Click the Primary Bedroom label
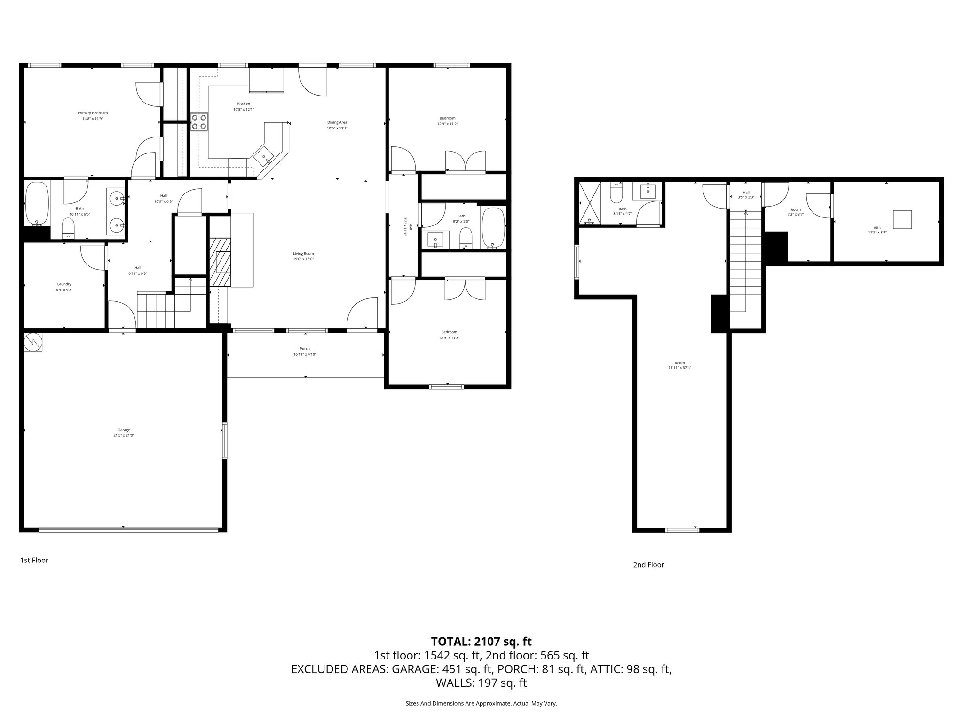[93, 113]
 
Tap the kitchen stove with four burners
[199, 122]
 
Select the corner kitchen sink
[264, 156]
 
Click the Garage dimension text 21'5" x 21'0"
[124, 435]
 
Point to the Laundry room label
[64, 284]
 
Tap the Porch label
[305, 349]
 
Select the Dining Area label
[337, 122]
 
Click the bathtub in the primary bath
[37, 204]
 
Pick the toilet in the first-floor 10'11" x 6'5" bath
[69, 230]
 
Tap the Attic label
[877, 228]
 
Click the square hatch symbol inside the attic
[902, 219]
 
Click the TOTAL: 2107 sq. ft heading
[481, 641]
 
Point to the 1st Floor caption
[34, 560]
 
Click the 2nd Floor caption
[648, 565]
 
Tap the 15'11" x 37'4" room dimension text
[679, 368]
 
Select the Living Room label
[303, 253]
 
